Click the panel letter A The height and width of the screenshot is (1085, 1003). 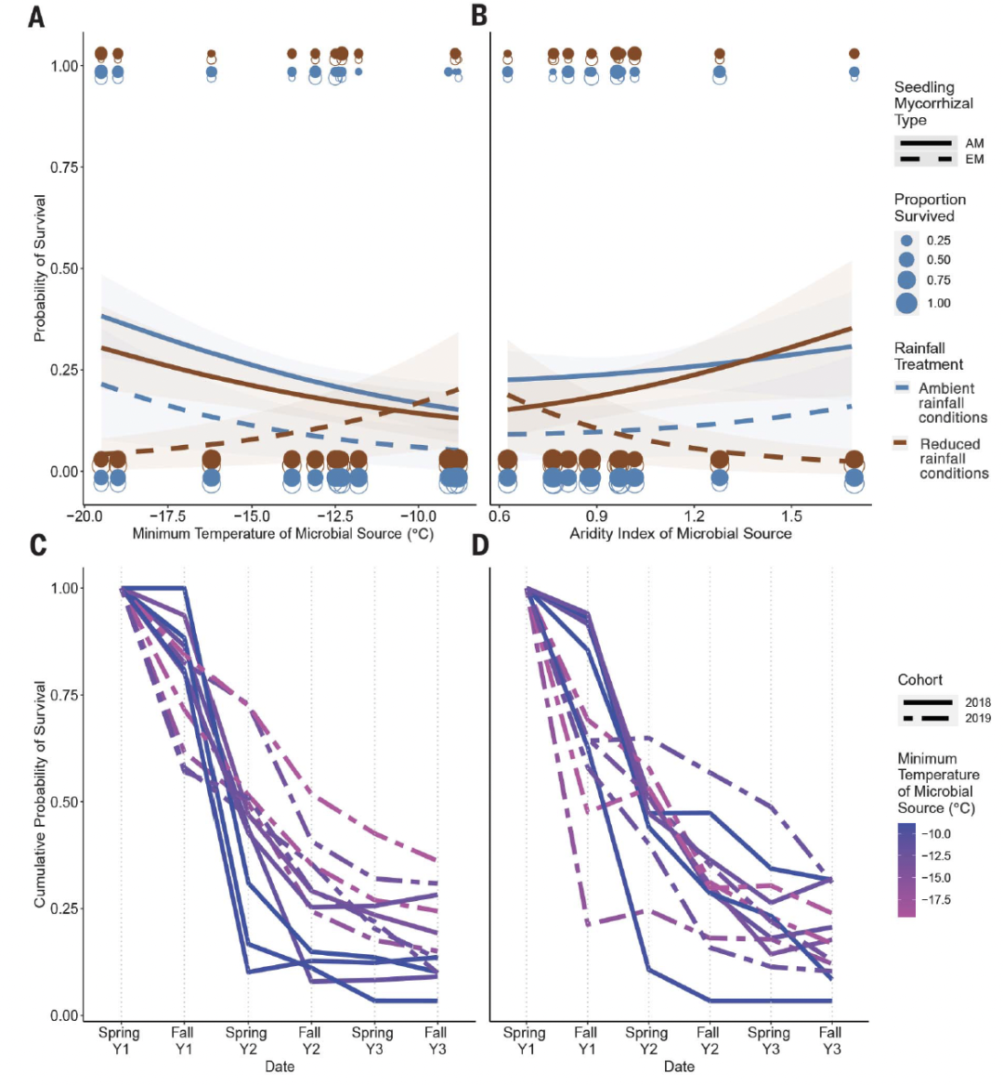(36, 17)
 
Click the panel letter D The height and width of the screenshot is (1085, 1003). (480, 544)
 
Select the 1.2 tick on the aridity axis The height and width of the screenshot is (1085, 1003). (694, 516)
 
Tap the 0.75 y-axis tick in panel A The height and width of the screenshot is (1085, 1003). (63, 167)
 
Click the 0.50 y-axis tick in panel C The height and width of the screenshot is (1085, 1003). (63, 802)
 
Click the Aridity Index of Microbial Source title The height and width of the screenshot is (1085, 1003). (680, 533)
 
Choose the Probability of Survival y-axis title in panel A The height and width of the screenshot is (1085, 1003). (40, 268)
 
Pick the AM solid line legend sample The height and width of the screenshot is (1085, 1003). (925, 143)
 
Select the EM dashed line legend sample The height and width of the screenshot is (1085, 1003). (925, 160)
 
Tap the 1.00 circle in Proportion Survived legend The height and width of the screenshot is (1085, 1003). (907, 303)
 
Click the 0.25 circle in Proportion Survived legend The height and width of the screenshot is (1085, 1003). (906, 241)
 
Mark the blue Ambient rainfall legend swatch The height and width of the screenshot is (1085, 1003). (901, 387)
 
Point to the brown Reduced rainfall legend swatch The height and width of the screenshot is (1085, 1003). (900, 443)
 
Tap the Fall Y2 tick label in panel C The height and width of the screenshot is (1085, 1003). (309, 1039)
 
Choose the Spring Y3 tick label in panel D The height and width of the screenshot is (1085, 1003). (769, 1039)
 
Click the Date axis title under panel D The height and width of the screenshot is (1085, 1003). (679, 1066)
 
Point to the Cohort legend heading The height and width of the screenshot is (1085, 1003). (919, 680)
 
